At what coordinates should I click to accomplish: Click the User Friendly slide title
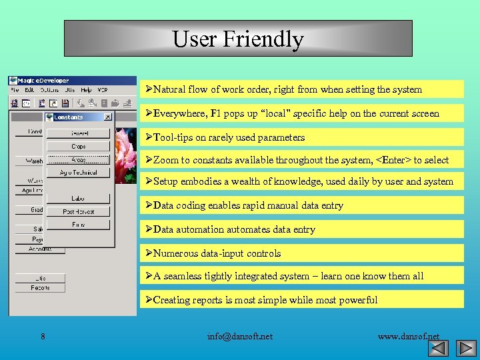pyautogui.click(x=238, y=39)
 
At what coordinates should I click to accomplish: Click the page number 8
pyautogui.click(x=43, y=336)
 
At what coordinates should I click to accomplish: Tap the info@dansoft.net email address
pyautogui.click(x=240, y=336)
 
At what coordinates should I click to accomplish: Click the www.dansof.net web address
pyautogui.click(x=408, y=336)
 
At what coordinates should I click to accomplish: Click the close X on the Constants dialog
pyautogui.click(x=107, y=117)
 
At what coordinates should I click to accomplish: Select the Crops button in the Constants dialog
pyautogui.click(x=79, y=146)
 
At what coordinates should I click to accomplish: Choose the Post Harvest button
pyautogui.click(x=79, y=211)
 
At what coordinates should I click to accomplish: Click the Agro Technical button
pyautogui.click(x=79, y=172)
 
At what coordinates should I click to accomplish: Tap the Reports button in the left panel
pyautogui.click(x=40, y=288)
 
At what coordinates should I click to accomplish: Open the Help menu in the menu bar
pyautogui.click(x=86, y=90)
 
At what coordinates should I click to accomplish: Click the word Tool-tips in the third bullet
pyautogui.click(x=173, y=137)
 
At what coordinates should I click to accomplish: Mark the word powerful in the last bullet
pyautogui.click(x=355, y=300)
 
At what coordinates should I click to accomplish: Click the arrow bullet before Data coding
pyautogui.click(x=149, y=205)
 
